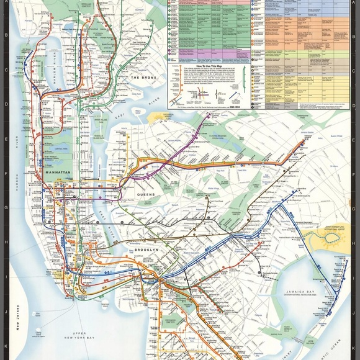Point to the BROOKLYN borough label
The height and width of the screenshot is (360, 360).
coord(147,250)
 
